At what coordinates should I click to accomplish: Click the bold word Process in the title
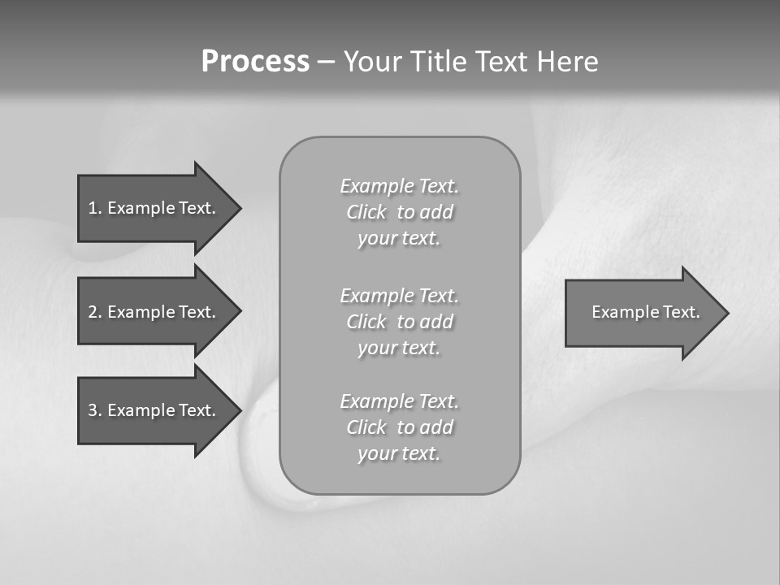tap(255, 62)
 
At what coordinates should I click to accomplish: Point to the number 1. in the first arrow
tap(94, 208)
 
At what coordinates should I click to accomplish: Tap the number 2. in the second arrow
tap(94, 312)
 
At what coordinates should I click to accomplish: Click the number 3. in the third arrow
tap(94, 410)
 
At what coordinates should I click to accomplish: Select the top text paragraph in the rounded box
tap(399, 212)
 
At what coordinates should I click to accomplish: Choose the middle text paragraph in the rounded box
tap(399, 322)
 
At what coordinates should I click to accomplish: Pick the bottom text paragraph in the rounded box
tap(399, 427)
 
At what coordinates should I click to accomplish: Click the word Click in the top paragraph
tap(366, 212)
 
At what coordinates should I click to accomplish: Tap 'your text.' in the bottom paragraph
tap(399, 453)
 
